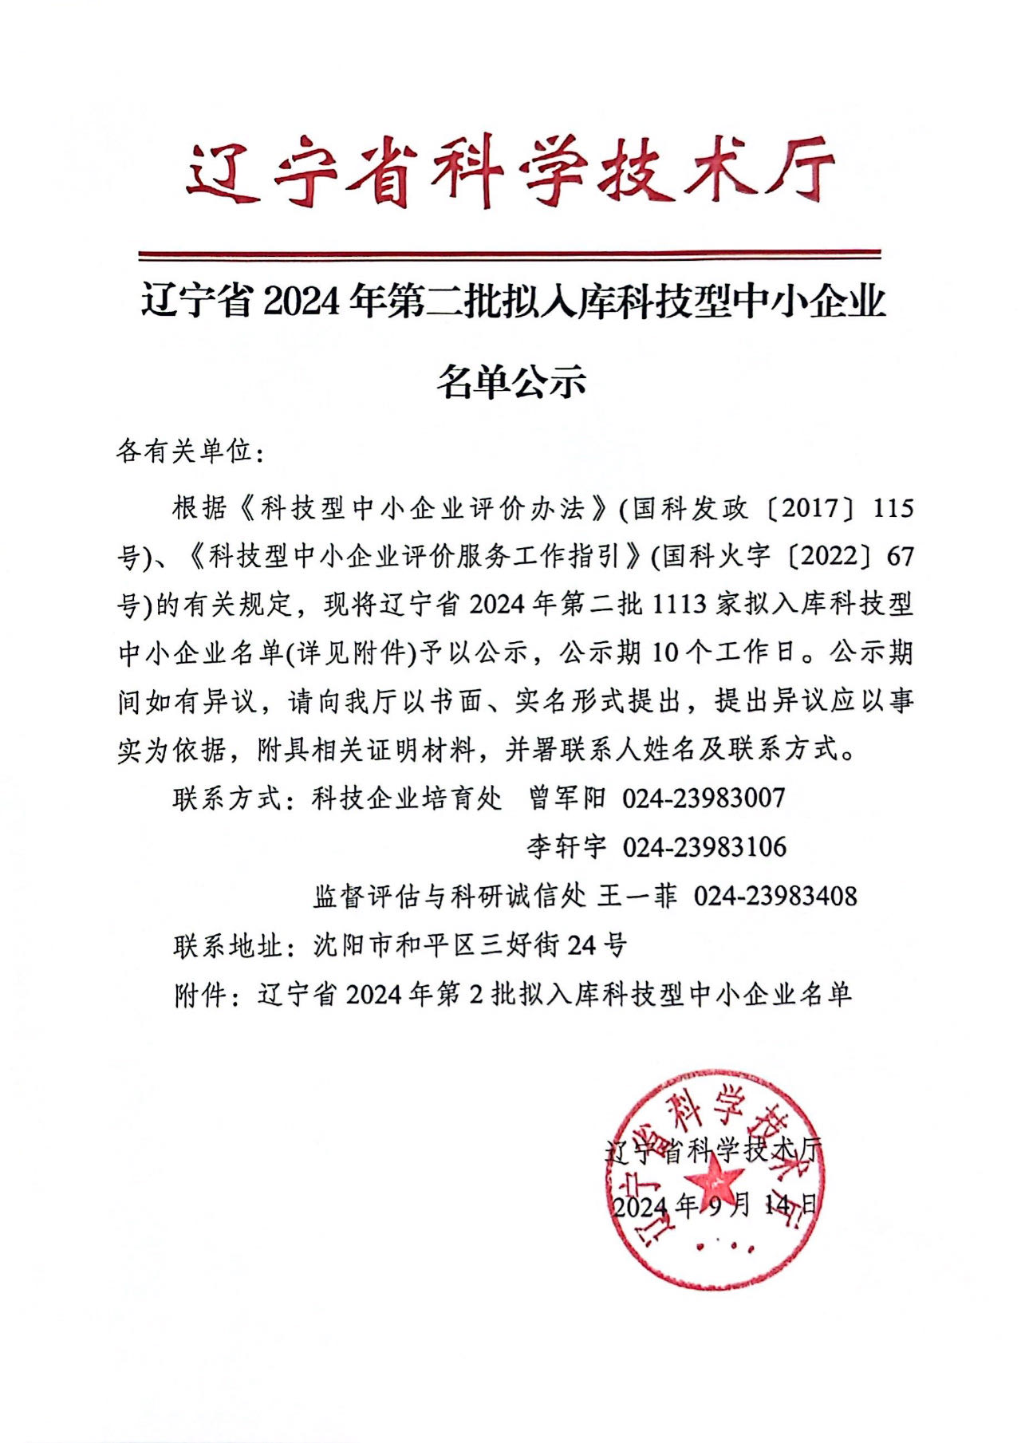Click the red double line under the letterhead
[x=510, y=255]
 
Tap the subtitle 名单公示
[x=510, y=381]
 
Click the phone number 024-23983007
[x=704, y=798]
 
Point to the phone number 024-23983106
[x=704, y=847]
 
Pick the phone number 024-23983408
[x=775, y=897]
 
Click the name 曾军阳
[x=567, y=798]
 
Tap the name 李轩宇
[x=566, y=847]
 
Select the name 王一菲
[x=637, y=897]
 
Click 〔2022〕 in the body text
[x=829, y=557]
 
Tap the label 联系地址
[x=228, y=946]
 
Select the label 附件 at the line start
[x=201, y=995]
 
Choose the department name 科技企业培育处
[x=408, y=798]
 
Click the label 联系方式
[x=228, y=798]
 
